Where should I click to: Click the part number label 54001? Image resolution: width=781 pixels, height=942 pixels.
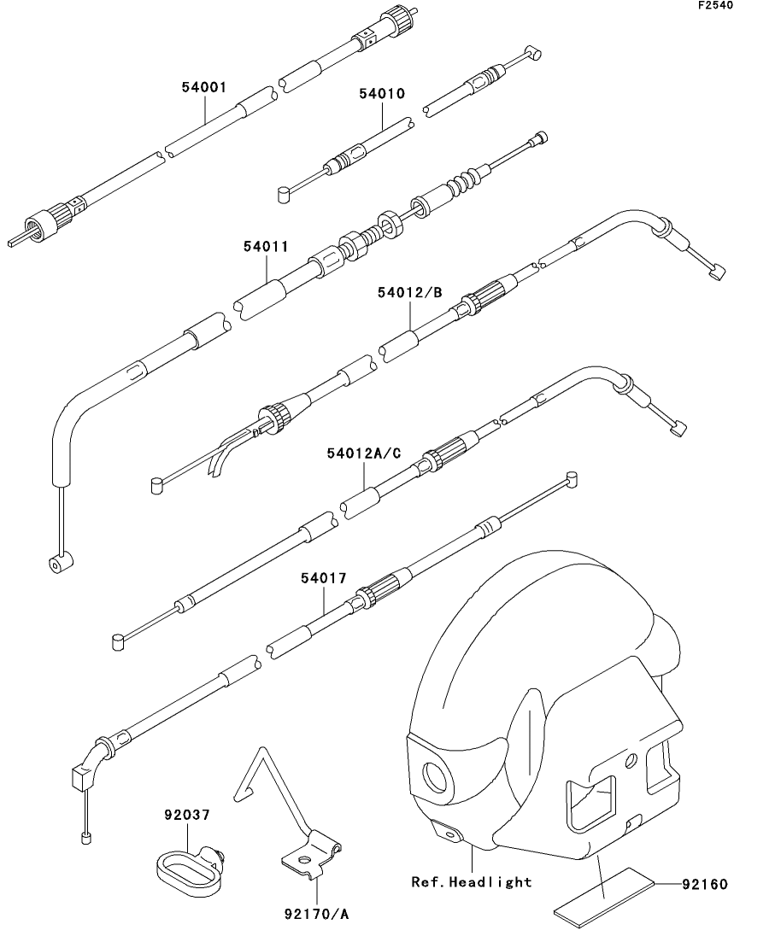pyautogui.click(x=203, y=87)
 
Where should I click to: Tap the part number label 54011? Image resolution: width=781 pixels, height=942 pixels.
pyautogui.click(x=265, y=246)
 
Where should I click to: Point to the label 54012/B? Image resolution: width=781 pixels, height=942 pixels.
pyautogui.click(x=409, y=293)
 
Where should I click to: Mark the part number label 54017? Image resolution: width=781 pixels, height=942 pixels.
pyautogui.click(x=323, y=578)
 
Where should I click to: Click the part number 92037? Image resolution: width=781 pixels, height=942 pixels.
pyautogui.click(x=187, y=815)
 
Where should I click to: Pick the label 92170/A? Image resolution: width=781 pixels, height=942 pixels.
pyautogui.click(x=317, y=915)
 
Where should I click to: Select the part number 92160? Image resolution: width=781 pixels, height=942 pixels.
pyautogui.click(x=704, y=884)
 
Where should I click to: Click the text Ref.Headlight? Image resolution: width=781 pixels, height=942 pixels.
pyautogui.click(x=471, y=881)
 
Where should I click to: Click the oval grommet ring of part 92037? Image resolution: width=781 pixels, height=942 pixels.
pyautogui.click(x=183, y=866)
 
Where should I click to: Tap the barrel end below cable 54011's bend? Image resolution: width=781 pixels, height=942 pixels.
pyautogui.click(x=59, y=562)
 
